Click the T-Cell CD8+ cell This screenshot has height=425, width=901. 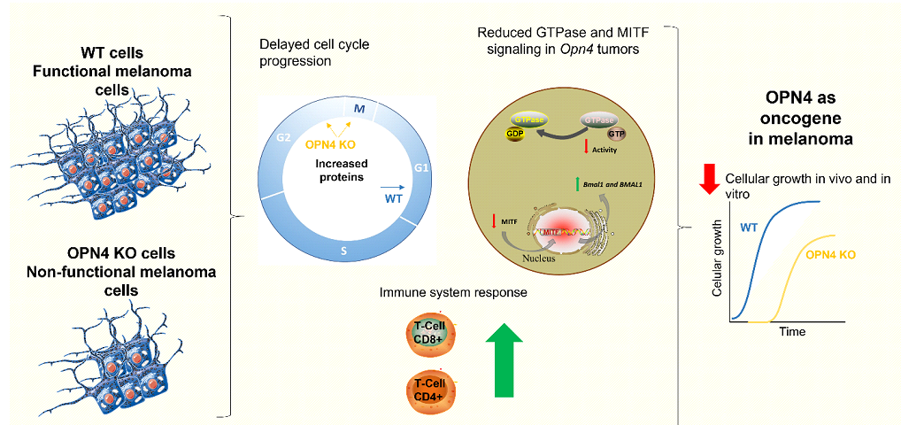coord(429,333)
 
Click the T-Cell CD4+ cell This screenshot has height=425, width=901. coord(429,389)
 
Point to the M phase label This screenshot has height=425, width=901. coord(359,108)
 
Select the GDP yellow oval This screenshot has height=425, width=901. coord(515,135)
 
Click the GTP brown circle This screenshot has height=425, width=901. coord(615,133)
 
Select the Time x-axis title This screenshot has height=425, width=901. coord(791,331)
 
